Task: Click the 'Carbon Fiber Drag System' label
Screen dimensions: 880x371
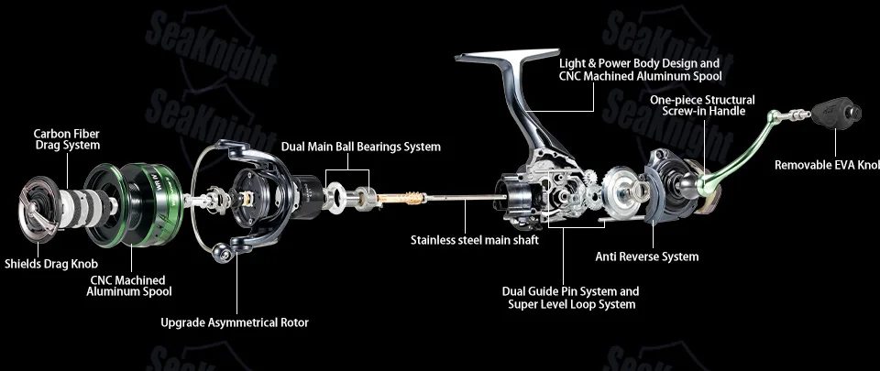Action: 67,139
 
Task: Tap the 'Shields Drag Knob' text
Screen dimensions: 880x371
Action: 51,264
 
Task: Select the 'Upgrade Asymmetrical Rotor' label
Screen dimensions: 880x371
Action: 235,322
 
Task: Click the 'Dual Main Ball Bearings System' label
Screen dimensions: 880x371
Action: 361,147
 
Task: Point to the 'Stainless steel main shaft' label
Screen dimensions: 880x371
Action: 475,240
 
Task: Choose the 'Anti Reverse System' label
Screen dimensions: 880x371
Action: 647,256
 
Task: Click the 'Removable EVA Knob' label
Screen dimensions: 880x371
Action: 827,165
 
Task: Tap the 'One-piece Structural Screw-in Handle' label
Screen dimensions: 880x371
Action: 703,105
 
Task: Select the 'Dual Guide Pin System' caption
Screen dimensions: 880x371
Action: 571,292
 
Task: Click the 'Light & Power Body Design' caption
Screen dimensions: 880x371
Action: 639,64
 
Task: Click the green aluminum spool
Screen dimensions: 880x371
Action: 135,204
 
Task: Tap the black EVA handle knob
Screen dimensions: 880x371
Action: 836,114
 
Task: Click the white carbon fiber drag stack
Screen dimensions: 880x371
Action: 83,206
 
